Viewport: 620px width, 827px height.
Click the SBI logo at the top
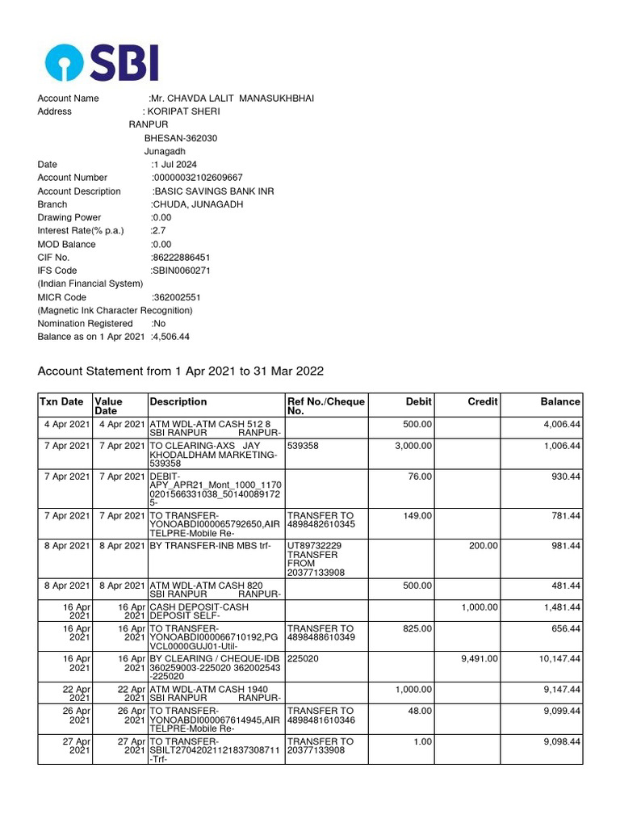[101, 62]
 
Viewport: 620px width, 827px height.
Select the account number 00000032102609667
[198, 178]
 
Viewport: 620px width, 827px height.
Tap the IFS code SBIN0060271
[182, 271]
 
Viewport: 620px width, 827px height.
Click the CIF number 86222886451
[181, 258]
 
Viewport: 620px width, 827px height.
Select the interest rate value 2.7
[159, 230]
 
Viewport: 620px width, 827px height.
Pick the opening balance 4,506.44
[170, 337]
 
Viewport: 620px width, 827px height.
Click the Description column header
[178, 401]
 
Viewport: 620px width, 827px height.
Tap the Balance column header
[560, 401]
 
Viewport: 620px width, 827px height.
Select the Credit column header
[484, 401]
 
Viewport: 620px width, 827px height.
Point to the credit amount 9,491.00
[479, 659]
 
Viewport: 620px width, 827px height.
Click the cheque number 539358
[302, 446]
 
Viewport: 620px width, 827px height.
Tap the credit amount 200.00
[484, 546]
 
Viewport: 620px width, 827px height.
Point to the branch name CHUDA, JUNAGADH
[199, 204]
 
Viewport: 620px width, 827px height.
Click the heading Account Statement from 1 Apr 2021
[181, 372]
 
